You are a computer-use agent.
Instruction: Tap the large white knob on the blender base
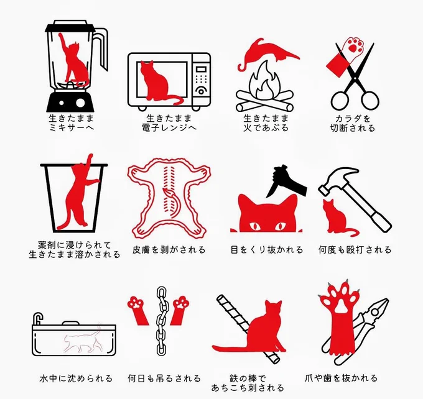80,103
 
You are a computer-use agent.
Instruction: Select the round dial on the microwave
201,91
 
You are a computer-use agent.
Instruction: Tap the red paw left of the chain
138,311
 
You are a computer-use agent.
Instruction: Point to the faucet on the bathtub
38,319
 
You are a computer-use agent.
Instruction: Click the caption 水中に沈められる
76,378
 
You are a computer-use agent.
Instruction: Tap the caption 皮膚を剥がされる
169,250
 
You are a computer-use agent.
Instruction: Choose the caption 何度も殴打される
355,250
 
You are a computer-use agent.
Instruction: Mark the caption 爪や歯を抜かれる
341,378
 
